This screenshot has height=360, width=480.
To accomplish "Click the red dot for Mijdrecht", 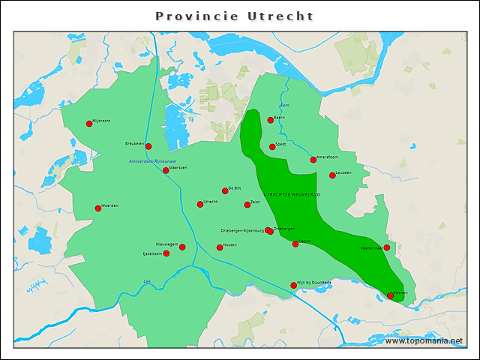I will point(89,123).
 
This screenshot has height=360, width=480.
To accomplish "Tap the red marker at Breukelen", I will point(148,146).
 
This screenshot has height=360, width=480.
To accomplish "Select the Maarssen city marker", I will point(166,170).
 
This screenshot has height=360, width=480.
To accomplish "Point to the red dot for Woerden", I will point(98,208).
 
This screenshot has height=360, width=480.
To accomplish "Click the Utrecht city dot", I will point(200,204).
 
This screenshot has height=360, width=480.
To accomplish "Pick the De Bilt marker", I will point(225,190).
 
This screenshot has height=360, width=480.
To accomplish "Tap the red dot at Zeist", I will point(247,205).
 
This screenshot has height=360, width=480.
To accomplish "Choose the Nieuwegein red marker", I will point(182,247).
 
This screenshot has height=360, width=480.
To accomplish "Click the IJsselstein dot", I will point(166,253).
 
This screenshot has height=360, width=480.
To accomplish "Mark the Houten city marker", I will point(220,247).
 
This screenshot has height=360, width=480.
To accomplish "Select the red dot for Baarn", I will point(271,120).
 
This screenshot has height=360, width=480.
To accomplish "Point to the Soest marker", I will point(272,146).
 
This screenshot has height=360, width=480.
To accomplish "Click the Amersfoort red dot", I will point(313,160).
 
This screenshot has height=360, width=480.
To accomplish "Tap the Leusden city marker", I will point(332,175).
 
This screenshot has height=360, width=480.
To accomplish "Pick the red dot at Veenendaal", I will point(387,247).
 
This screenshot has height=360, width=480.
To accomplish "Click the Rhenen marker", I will point(390,295).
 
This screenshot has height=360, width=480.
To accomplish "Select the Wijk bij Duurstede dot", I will point(293,285).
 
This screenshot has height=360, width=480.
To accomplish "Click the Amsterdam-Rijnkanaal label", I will point(152,161).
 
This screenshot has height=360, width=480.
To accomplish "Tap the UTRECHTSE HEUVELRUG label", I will point(292,194).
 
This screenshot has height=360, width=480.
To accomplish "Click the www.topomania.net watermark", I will point(424,340).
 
